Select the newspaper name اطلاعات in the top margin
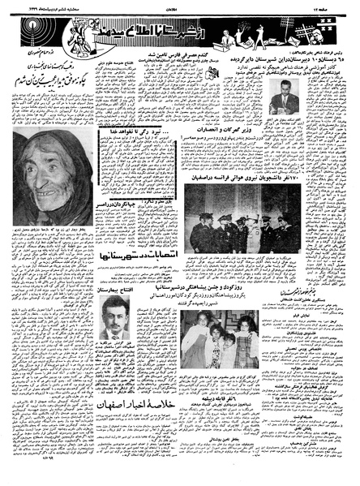(x=181, y=6)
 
